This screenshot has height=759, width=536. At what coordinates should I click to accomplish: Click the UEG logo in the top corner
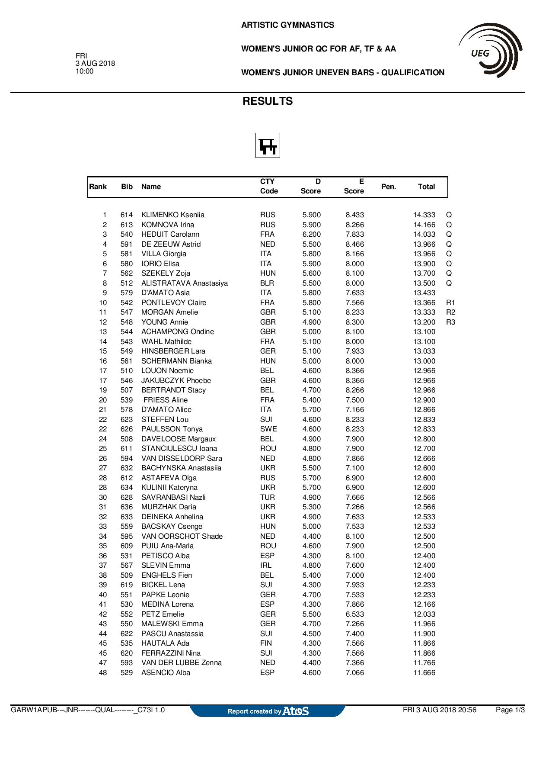click(x=491, y=51)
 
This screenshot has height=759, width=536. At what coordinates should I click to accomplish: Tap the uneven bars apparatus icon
click(x=268, y=145)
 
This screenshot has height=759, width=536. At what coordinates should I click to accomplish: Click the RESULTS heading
click(x=268, y=101)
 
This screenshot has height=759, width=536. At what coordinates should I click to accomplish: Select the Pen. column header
click(x=389, y=187)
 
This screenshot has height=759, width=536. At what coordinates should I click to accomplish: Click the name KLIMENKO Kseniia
click(x=173, y=215)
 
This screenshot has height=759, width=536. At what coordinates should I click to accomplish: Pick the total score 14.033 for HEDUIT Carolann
click(x=424, y=235)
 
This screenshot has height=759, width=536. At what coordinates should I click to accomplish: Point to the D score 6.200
click(x=311, y=235)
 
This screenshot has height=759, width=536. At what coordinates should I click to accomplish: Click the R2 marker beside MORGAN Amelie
click(x=450, y=312)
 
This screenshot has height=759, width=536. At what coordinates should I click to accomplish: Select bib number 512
click(x=127, y=283)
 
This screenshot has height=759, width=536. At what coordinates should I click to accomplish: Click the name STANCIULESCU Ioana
click(x=179, y=449)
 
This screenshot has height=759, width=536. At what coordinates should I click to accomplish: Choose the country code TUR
click(x=268, y=498)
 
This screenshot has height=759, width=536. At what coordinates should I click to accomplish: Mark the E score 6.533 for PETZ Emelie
click(x=355, y=614)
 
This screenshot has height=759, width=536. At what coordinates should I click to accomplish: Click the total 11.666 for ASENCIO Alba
click(x=424, y=673)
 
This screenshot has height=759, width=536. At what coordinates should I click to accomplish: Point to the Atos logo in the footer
click(x=296, y=711)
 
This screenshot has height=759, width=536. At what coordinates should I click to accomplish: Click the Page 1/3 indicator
click(x=510, y=710)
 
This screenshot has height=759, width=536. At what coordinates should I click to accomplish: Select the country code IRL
click(x=266, y=566)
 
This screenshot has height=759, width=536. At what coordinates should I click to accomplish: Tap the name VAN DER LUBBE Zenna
click(x=182, y=663)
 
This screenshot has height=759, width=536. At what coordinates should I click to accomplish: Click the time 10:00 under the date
click(x=85, y=71)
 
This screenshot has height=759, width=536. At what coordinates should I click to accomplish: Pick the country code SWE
click(x=268, y=429)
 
